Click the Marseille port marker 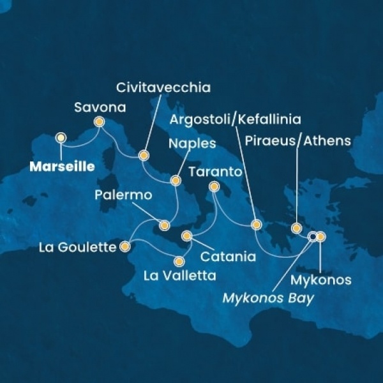point(61,137)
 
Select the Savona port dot point(99,121)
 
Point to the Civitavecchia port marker point(144,154)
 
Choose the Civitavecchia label point(163,86)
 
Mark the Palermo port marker point(164,225)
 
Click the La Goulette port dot point(126,246)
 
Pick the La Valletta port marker point(179,260)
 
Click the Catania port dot point(186,236)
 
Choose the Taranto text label point(215,172)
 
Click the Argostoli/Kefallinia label point(236,119)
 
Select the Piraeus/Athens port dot point(296,227)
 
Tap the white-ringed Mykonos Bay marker point(312,237)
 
